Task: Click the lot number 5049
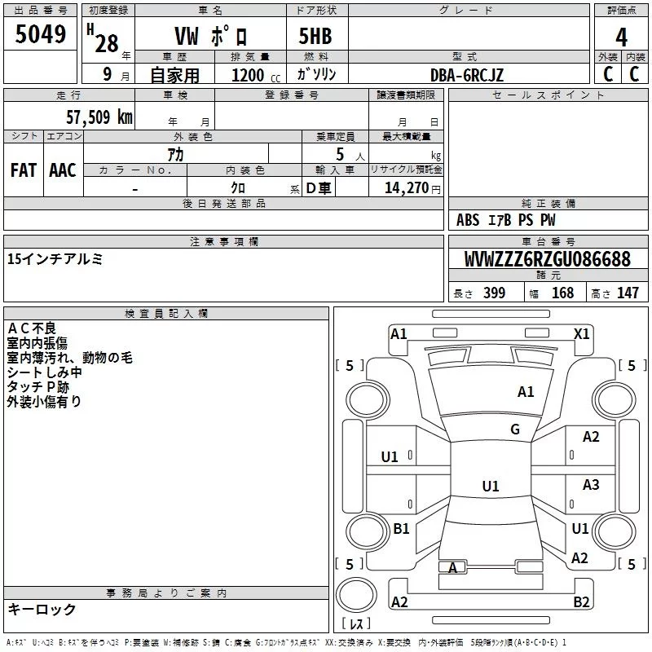coord(40,34)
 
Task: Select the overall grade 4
coord(621,37)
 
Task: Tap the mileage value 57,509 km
coord(99,117)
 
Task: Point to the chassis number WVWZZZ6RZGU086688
coord(548,258)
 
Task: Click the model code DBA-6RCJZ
coord(466,75)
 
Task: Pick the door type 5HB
coord(315,36)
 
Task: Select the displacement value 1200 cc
coord(256,75)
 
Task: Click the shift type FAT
coord(24,170)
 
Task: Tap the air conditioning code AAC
coord(63,170)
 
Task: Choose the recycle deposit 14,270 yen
coord(412,188)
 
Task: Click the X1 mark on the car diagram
coord(581,334)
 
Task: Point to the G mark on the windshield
coord(515,429)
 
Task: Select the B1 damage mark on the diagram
coord(401,528)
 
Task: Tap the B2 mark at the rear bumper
coord(581,601)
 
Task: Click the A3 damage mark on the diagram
coord(591,484)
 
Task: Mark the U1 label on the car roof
coord(491,486)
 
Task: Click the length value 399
coord(494,293)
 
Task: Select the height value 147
coord(628,293)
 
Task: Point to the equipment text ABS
coord(468,220)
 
